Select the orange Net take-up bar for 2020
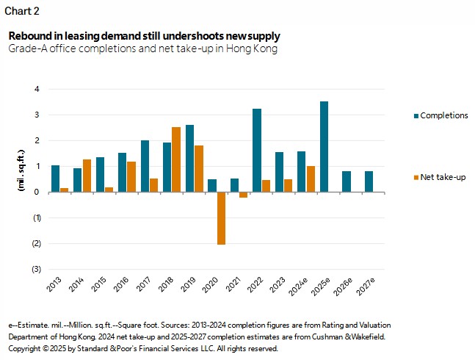[x=221, y=218]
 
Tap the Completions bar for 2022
[x=257, y=151]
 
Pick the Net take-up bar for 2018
[x=176, y=159]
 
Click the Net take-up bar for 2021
[x=244, y=195]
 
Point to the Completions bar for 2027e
[x=369, y=181]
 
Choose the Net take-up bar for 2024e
[x=311, y=179]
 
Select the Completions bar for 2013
[x=55, y=179]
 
